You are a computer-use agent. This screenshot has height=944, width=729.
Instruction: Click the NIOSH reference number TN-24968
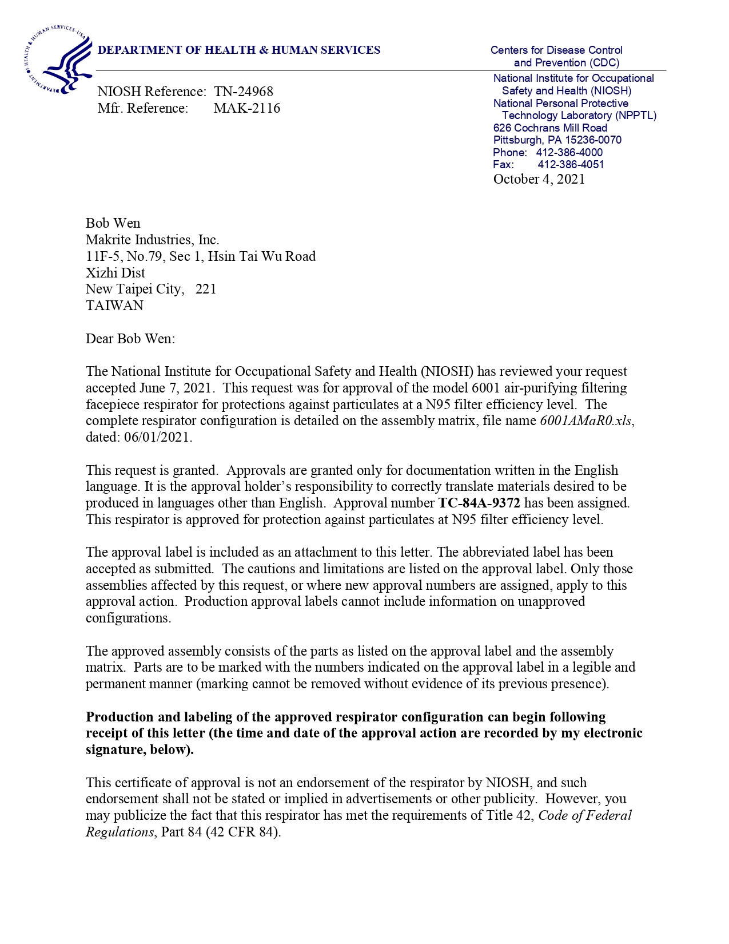click(244, 92)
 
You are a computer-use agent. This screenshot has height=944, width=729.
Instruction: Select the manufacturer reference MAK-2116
click(247, 108)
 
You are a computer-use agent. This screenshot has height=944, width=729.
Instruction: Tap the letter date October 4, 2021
click(539, 179)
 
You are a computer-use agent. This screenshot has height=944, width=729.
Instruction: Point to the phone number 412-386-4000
click(569, 153)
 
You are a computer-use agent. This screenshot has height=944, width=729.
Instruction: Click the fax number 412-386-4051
click(571, 165)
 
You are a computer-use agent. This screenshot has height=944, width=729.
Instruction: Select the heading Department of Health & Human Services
click(239, 50)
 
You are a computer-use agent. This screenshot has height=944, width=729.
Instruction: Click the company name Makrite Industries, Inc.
click(153, 240)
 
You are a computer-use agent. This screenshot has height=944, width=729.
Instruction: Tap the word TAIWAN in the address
click(114, 306)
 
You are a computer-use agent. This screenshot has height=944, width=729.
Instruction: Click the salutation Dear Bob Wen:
click(130, 339)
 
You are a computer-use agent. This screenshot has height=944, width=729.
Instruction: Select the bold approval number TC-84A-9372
click(479, 503)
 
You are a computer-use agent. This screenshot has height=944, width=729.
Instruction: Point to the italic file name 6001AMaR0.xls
click(586, 421)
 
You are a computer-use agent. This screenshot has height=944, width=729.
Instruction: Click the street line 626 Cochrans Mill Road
click(550, 128)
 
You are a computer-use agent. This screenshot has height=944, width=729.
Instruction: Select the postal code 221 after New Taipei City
click(206, 289)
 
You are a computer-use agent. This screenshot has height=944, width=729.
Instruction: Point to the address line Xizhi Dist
click(115, 273)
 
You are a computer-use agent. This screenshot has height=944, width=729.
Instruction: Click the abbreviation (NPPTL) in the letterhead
click(636, 116)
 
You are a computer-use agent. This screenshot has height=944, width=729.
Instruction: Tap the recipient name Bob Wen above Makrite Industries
click(113, 223)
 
